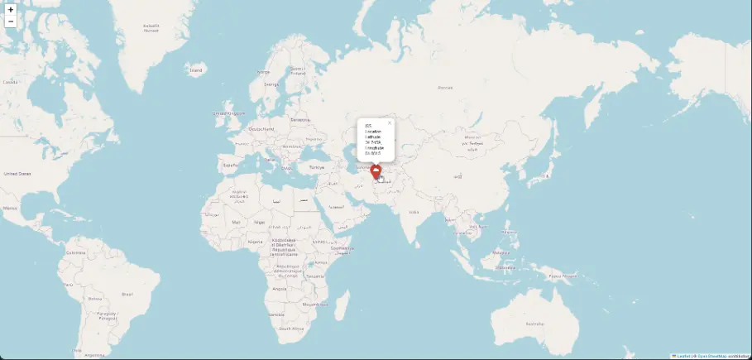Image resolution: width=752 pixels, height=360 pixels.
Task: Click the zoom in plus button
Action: [10, 10]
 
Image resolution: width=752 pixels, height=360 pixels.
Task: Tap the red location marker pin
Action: [376, 171]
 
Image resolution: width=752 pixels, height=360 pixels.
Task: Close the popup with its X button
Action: [389, 122]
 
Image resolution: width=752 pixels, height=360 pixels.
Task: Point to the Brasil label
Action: [127, 294]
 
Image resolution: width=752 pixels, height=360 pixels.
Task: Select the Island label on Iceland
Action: [195, 70]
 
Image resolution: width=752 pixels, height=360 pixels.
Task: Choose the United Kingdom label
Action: [229, 113]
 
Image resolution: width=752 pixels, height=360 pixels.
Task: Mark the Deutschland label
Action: [261, 129]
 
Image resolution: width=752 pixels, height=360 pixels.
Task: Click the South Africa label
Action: [290, 329]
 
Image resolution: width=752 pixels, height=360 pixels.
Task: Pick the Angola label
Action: [279, 289]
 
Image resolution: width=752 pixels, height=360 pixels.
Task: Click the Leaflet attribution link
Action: [683, 356]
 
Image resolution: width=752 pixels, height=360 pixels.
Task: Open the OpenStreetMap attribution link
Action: [711, 356]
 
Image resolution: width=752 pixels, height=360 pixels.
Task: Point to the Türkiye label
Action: [317, 166]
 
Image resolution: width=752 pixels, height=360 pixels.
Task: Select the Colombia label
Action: [76, 252]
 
